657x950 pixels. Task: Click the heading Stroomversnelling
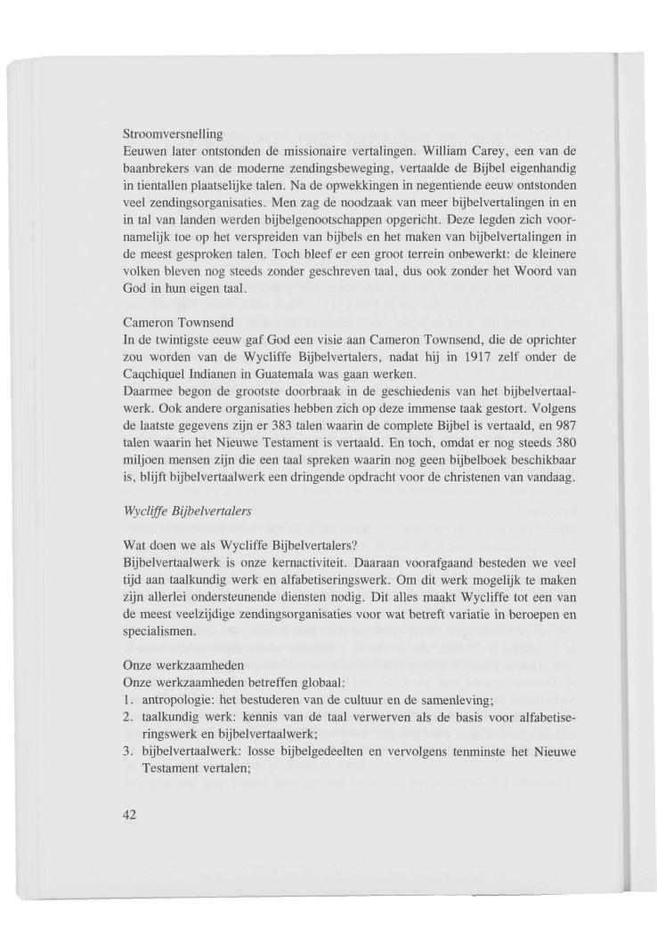click(x=172, y=133)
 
